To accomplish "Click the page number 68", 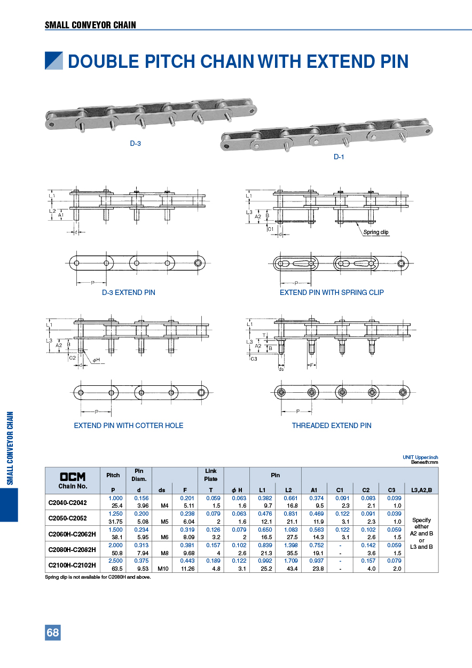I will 53,633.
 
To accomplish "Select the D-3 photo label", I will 136,143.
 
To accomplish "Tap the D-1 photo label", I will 339,157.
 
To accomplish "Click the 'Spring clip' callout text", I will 376,232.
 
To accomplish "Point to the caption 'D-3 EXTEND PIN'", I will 129,292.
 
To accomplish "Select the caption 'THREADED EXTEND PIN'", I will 331,425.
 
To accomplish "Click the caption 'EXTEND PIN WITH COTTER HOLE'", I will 129,425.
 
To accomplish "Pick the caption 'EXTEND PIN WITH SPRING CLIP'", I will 332,292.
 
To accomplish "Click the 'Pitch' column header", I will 113,475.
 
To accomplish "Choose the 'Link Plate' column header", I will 211,475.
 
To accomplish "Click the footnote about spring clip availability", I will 98,577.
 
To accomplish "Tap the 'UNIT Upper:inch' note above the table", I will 420,457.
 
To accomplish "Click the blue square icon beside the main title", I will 54,61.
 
